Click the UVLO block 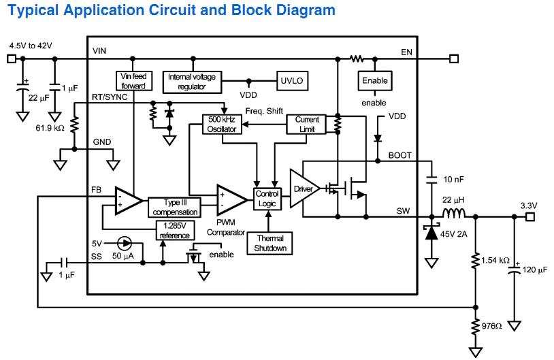tap(292, 81)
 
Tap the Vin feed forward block tap(133, 81)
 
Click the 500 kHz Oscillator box tap(223, 124)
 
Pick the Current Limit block tap(307, 124)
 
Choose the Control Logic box tap(267, 199)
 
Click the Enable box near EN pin tap(374, 81)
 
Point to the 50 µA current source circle tap(123, 243)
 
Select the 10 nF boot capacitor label tap(453, 179)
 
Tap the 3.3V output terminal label tap(529, 205)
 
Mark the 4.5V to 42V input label tap(31, 45)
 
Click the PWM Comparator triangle tap(231, 199)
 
